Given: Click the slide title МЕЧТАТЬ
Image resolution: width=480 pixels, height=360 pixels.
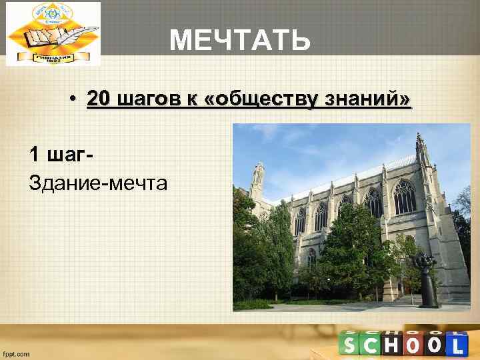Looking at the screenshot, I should (x=240, y=41).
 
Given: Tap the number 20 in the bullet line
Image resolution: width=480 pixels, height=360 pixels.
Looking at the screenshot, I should (x=99, y=99).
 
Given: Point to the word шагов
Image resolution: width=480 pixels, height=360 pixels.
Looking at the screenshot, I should (x=150, y=99).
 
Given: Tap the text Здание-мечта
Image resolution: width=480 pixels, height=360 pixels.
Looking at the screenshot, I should (x=98, y=181).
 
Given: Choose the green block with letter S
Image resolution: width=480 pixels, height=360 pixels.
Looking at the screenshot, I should (x=349, y=345).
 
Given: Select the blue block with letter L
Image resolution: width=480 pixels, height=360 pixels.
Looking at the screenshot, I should (x=456, y=345).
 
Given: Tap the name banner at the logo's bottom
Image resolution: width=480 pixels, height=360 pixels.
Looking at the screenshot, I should (x=53, y=57).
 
